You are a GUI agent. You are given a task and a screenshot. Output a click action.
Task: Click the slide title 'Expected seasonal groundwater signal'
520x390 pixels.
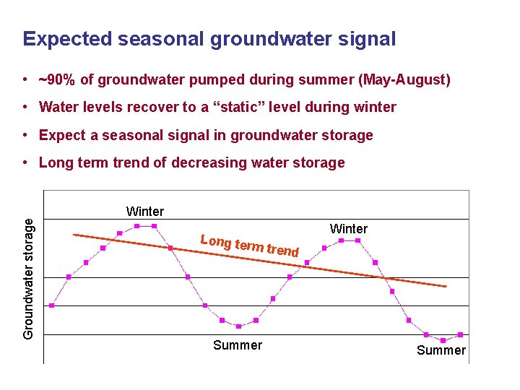point(209,39)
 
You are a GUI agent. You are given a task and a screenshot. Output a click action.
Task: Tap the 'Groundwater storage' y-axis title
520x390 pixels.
point(29,278)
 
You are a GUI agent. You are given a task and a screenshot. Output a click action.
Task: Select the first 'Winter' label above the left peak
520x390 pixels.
point(144,212)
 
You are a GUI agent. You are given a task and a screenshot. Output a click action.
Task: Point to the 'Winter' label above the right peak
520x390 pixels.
point(349,229)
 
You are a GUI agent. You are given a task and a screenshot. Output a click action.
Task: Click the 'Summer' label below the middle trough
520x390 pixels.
point(238,345)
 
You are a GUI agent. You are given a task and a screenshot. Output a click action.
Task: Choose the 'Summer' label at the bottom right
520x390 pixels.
point(441,350)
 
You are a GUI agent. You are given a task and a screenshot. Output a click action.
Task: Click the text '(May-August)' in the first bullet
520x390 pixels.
point(404,79)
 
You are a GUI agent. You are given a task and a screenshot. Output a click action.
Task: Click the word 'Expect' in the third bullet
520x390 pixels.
point(61,135)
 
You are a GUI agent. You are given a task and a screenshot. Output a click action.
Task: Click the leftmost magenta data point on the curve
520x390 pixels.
point(51,305)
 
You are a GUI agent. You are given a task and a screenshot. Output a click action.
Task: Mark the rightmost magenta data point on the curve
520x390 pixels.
point(460,334)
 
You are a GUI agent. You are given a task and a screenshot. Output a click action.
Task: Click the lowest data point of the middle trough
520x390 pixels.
point(239,326)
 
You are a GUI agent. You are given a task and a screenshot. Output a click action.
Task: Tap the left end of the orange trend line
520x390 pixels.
point(74,234)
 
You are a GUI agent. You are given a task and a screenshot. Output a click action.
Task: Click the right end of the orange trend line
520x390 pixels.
point(446,287)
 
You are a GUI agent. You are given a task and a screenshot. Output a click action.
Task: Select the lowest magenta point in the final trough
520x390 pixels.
point(443,340)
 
